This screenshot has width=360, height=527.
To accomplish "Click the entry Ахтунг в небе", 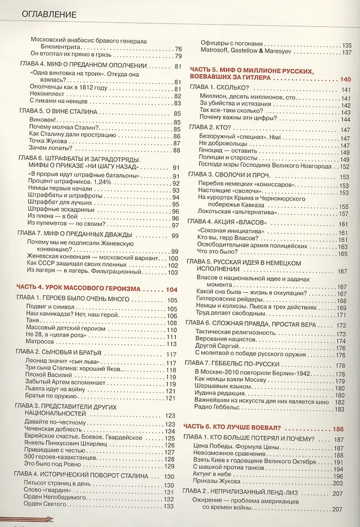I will pos(216,476).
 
